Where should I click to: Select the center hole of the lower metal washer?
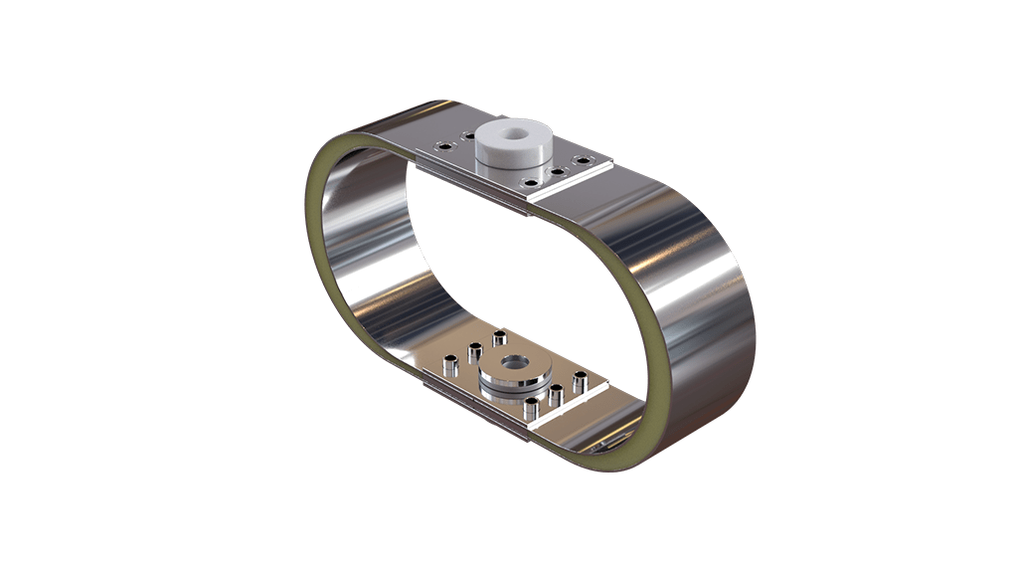tap(514, 363)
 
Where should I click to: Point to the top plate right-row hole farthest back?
tap(583, 160)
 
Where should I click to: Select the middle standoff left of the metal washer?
tap(475, 350)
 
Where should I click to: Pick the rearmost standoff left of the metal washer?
tap(499, 339)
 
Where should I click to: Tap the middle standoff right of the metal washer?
tap(556, 393)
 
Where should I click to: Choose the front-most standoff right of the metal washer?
tap(532, 406)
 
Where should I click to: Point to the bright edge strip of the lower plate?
tap(572, 414)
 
